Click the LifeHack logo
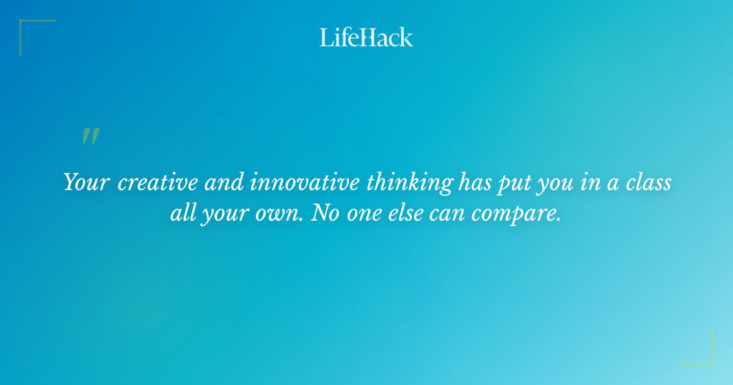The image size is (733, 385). (x=366, y=37)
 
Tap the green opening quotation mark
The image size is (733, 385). (x=90, y=136)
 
